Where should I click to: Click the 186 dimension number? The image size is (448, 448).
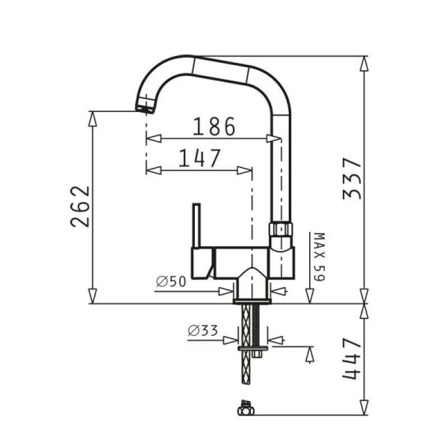coord(214,127)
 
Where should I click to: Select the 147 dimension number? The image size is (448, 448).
coord(200,158)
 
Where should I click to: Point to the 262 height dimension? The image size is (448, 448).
coord(80,207)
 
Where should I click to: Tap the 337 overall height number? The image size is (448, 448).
coord(352,178)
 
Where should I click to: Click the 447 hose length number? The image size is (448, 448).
coord(352,358)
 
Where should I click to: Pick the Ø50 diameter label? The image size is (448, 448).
coord(171,282)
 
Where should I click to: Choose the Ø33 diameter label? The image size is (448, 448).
coord(203,330)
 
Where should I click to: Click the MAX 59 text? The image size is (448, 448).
coord(319,256)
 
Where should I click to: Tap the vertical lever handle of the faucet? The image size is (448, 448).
coord(197,226)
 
